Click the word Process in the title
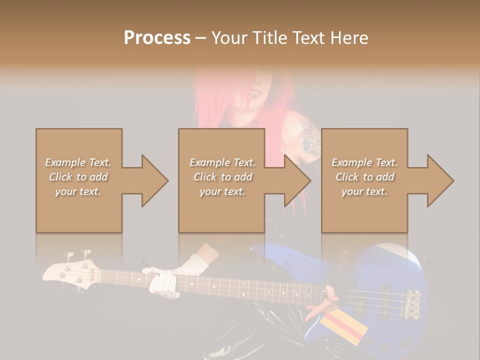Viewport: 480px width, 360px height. pyautogui.click(x=157, y=38)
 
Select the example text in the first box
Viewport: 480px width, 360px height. pyautogui.click(x=78, y=177)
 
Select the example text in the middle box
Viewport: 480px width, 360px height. pyautogui.click(x=222, y=177)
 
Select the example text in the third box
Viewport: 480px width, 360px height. pyautogui.click(x=364, y=177)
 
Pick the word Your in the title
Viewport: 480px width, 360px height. pyautogui.click(x=228, y=38)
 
